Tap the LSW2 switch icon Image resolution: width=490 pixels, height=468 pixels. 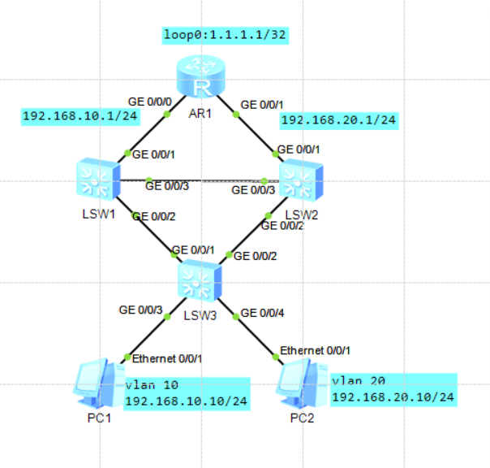tap(301, 180)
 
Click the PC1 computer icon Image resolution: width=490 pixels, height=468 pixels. tap(92, 385)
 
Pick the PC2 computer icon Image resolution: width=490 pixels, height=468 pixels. tap(297, 386)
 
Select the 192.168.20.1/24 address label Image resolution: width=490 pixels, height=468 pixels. tap(338, 120)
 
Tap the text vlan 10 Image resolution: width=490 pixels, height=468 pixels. tap(153, 385)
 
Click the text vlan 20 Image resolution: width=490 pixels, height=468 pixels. tap(357, 379)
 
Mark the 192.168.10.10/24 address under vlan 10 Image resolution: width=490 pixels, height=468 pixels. tap(186, 401)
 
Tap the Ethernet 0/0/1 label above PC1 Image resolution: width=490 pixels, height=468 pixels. tap(167, 358)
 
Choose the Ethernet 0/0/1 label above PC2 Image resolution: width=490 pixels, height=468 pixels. tap(315, 350)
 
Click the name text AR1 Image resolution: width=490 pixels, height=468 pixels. tap(200, 113)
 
